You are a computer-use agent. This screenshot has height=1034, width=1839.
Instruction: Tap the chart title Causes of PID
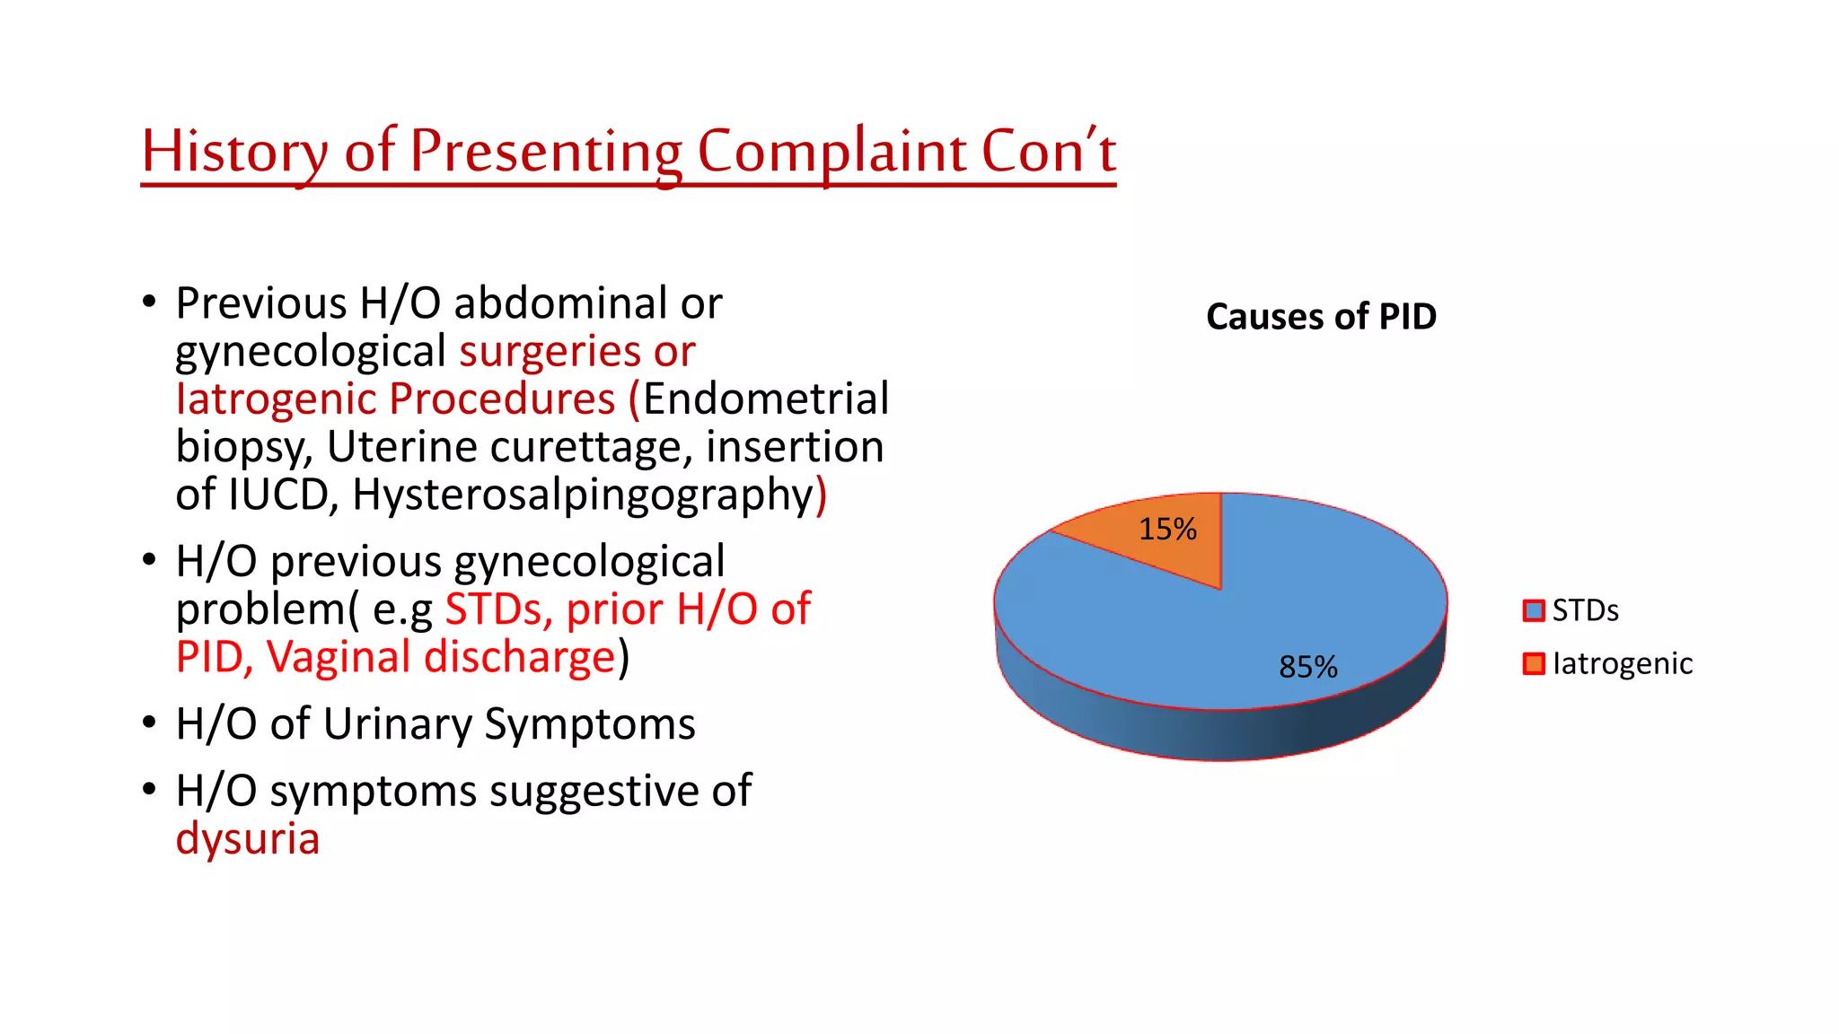(1321, 317)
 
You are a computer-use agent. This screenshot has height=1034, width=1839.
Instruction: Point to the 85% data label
(1308, 667)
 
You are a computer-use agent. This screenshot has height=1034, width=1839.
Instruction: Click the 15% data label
(1167, 530)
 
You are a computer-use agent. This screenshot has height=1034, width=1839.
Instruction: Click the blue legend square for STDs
(1534, 610)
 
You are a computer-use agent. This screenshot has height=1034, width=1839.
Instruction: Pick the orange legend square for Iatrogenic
(1534, 663)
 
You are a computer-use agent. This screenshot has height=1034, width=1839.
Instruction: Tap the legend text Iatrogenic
(1622, 663)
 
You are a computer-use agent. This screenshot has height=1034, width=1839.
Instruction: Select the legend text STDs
(1585, 610)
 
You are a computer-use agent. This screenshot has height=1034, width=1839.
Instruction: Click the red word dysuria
(248, 839)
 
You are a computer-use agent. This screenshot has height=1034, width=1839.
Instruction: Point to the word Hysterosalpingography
(583, 495)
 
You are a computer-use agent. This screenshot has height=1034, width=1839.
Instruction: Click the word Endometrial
(766, 399)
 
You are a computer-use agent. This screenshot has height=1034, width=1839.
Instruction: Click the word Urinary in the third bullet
(397, 724)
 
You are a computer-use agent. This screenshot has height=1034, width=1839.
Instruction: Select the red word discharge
(520, 657)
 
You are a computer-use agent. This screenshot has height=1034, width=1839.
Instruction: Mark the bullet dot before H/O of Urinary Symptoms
(149, 723)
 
